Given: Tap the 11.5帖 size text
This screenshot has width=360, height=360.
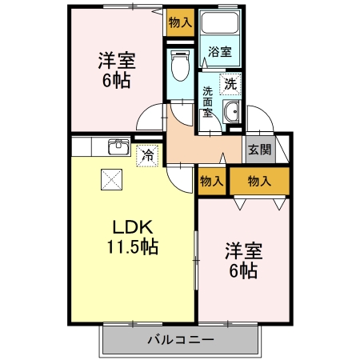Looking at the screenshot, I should (133, 247).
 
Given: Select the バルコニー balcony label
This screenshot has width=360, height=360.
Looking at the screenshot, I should (180, 340).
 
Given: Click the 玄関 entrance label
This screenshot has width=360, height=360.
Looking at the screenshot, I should (259, 149).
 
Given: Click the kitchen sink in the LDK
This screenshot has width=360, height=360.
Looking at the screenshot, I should (118, 146).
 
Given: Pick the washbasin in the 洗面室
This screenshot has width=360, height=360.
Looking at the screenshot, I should (232, 113).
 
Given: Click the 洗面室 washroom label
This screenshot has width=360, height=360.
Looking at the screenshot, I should (207, 102).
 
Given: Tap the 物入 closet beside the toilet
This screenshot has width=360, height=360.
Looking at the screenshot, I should (180, 22).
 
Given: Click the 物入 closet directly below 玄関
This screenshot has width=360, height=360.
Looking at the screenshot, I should (259, 182).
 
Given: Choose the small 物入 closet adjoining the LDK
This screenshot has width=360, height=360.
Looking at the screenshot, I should (211, 182).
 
